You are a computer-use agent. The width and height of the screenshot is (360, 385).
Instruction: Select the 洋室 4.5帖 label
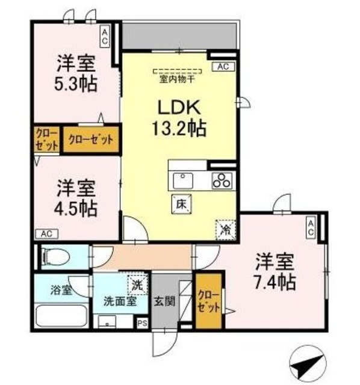[76, 199]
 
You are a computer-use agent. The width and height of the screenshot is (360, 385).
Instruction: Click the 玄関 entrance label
[165, 300]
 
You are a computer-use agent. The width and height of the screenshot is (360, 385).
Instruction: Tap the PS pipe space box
[142, 323]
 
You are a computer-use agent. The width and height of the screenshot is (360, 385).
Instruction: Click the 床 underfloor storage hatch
[181, 203]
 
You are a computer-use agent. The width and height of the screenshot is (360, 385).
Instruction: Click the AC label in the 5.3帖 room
[105, 37]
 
